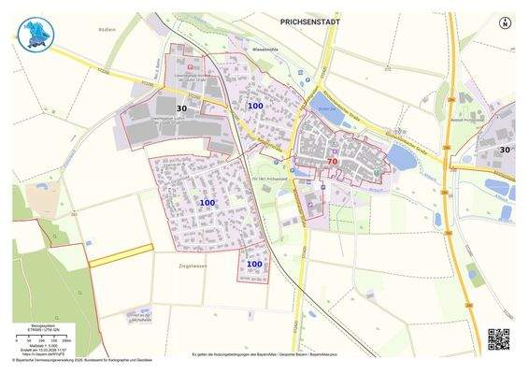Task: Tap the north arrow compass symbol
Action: pos(505,22)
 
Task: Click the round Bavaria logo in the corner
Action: pos(38,34)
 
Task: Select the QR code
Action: pos(499,339)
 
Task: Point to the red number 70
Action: pos(332,162)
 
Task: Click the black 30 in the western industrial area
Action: pos(182,109)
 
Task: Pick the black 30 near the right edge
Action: pos(505,149)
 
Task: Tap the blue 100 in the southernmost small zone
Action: pos(254,265)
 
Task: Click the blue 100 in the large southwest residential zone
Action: pos(207,202)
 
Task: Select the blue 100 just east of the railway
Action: pos(255,107)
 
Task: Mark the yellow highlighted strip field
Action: pos(121,254)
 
